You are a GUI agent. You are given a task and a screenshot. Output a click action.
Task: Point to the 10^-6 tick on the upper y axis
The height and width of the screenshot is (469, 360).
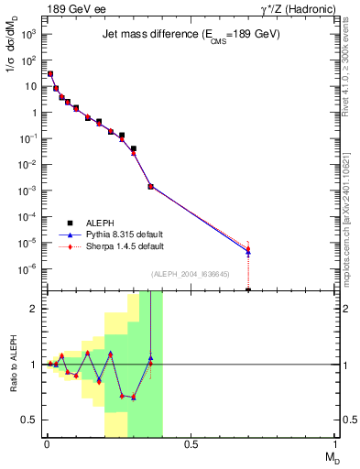coord(29,268)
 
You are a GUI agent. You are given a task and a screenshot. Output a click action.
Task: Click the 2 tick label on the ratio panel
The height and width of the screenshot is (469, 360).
coord(35,309)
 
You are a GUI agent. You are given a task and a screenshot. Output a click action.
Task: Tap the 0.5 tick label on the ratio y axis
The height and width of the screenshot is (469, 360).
coord(31,420)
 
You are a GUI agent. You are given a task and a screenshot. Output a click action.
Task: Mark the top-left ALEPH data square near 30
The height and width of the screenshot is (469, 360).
coord(49,73)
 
